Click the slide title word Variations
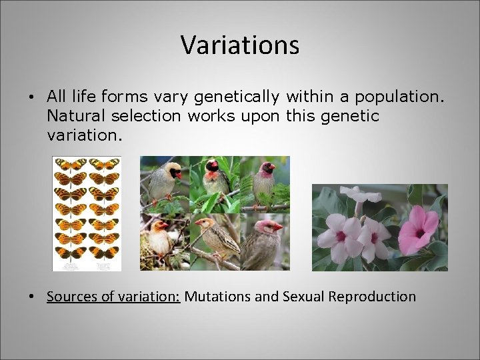coord(240,45)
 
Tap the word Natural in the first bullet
coord(72,116)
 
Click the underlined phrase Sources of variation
coord(113,297)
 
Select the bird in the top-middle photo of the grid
coord(214,180)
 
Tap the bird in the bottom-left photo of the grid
coord(159,240)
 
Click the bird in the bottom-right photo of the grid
coord(263,243)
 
